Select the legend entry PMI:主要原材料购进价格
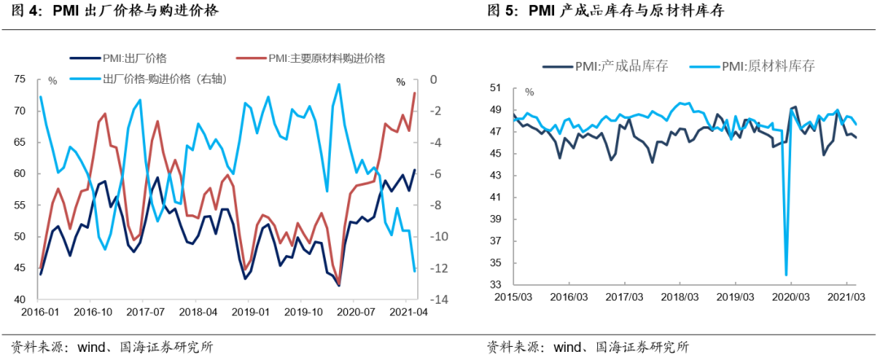pos(326,58)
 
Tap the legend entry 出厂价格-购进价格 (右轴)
pos(164,78)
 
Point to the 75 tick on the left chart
pos(20,79)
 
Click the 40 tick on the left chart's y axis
pos(20,300)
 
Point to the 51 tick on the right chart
pos(494,88)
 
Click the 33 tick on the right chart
pos(494,285)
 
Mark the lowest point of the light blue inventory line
pos(786,274)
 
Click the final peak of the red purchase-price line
pos(415,93)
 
